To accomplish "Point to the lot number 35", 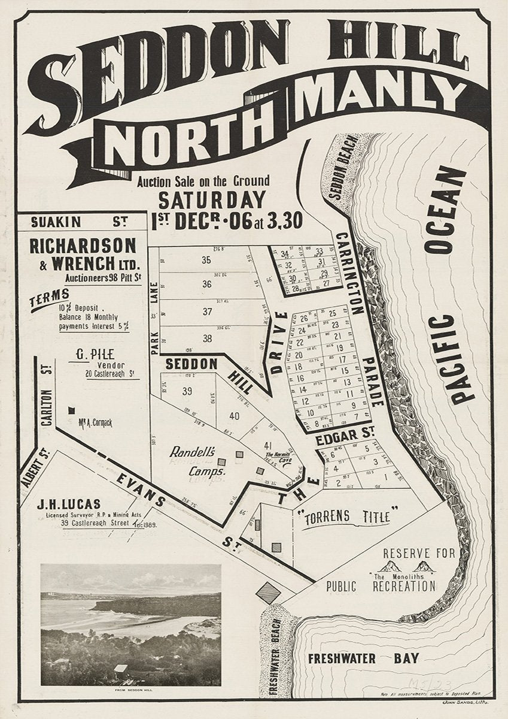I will [206, 260].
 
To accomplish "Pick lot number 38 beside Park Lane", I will [207, 339].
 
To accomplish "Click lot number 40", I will [234, 416].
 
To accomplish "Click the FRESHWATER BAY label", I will [363, 658].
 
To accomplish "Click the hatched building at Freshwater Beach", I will [269, 593].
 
